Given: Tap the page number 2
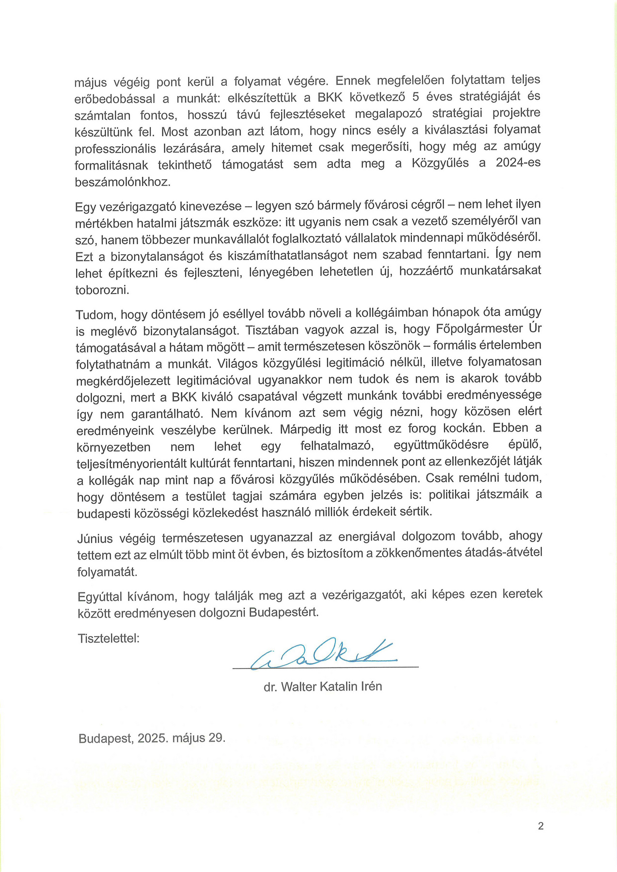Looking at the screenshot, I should click(541, 826).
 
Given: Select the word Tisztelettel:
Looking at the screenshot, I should click(109, 638).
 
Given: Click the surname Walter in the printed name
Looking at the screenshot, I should click(299, 686).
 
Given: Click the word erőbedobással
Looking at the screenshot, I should click(115, 99).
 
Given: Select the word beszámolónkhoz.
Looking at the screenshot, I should click(123, 182).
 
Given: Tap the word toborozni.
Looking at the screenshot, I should click(102, 290).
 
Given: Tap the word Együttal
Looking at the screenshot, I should click(100, 596).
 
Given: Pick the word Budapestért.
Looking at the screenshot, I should click(284, 612).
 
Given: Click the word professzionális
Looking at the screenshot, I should click(115, 149).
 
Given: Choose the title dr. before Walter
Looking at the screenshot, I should click(270, 687).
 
